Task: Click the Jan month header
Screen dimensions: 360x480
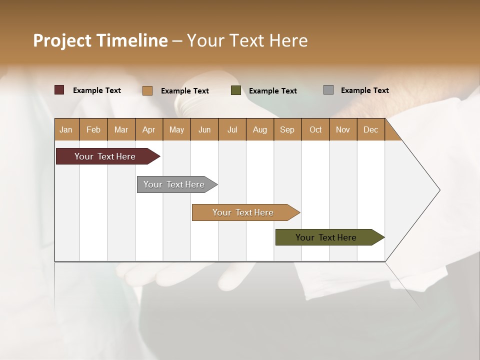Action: pyautogui.click(x=66, y=129)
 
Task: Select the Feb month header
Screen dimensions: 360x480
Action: pyautogui.click(x=93, y=129)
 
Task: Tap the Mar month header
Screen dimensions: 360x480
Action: pyautogui.click(x=121, y=129)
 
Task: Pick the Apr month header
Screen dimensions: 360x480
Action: pyautogui.click(x=149, y=129)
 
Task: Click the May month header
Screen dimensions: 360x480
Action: pyautogui.click(x=176, y=129)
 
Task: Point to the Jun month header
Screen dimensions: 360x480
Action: pyautogui.click(x=204, y=129)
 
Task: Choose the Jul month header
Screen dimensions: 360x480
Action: pyautogui.click(x=232, y=129)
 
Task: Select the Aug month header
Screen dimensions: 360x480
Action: pyautogui.click(x=260, y=129)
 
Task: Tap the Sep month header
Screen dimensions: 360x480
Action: pyautogui.click(x=287, y=129)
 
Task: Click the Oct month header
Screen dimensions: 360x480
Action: pyautogui.click(x=315, y=129)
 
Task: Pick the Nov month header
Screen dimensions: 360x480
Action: pyautogui.click(x=343, y=129)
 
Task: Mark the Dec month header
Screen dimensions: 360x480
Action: pyautogui.click(x=371, y=129)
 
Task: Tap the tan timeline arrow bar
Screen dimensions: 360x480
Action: pyautogui.click(x=243, y=212)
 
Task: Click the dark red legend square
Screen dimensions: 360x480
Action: pyautogui.click(x=59, y=90)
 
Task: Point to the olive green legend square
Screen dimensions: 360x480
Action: pyautogui.click(x=236, y=90)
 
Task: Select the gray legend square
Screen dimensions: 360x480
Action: pyautogui.click(x=328, y=90)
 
